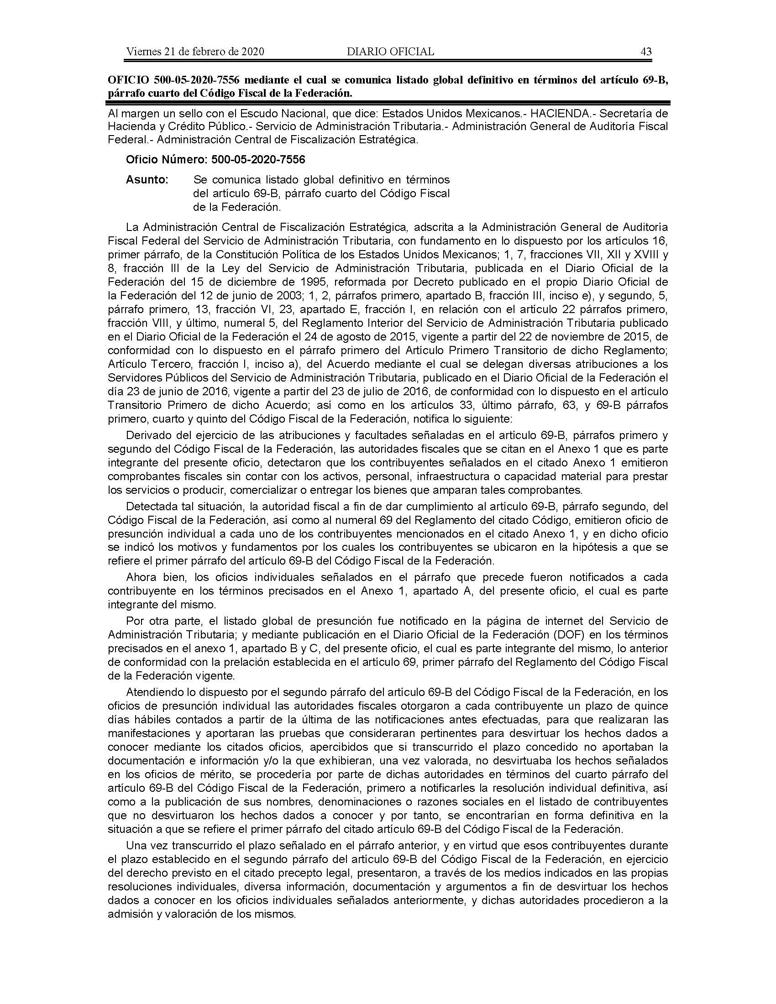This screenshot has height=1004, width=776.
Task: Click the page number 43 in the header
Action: tap(646, 52)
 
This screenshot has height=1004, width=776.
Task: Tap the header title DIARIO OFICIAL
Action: tap(390, 52)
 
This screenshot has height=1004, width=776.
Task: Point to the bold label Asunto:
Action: tap(147, 180)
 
